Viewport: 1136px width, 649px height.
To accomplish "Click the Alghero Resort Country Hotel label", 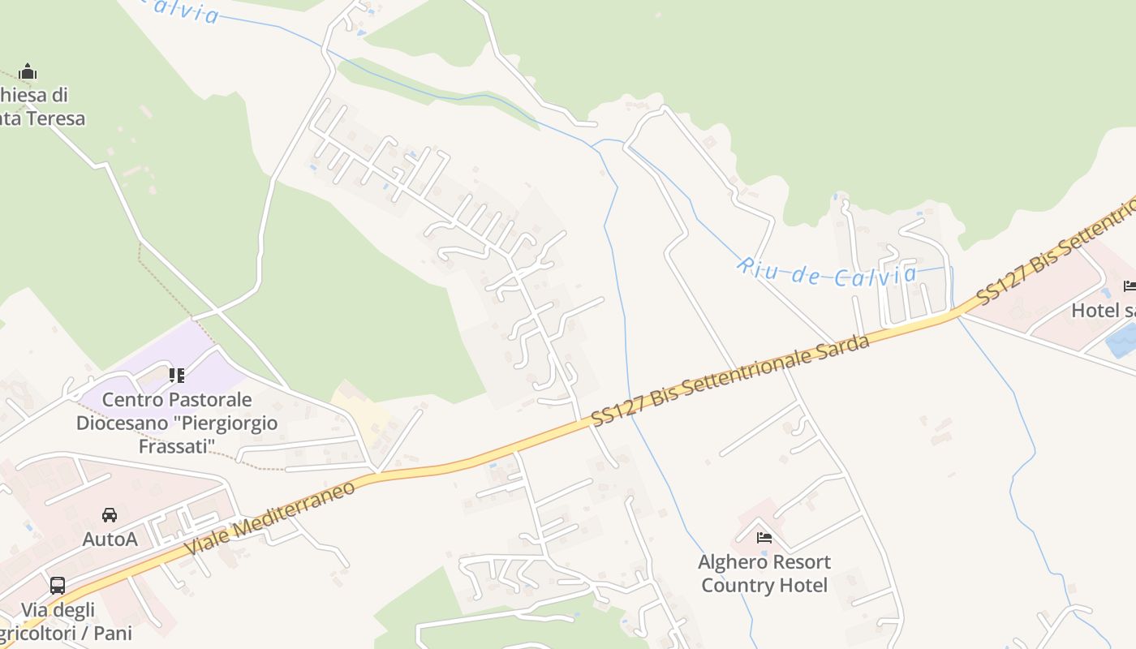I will click(764, 574).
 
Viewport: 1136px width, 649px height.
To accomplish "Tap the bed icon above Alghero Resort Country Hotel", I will click(764, 537).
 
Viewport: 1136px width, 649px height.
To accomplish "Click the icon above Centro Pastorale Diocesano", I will click(177, 375).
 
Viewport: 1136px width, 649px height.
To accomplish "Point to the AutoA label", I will click(110, 539).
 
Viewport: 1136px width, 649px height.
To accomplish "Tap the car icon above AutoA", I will click(110, 514).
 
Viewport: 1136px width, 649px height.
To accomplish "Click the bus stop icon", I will click(58, 585).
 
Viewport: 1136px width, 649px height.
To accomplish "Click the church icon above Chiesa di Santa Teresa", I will click(28, 71).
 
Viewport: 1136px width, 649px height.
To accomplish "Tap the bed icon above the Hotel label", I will click(1130, 286).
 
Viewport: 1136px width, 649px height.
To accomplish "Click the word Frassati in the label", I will click(177, 446).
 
